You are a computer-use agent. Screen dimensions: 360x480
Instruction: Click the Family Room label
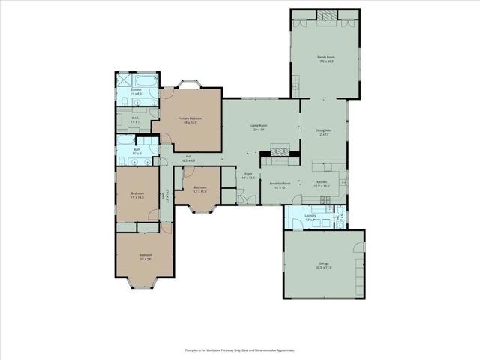[x=325, y=59]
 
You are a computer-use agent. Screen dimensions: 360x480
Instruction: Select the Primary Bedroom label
[x=190, y=120]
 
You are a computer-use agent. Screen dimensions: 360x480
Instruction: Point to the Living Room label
[x=259, y=127]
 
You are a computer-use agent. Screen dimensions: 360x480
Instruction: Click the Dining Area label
[x=323, y=133]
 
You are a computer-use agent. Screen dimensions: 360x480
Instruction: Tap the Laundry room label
[x=310, y=217]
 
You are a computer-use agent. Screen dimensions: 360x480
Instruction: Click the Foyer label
[x=248, y=176]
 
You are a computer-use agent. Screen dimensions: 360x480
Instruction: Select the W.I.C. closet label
[x=136, y=119]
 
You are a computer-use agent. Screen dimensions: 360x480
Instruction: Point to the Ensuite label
[x=136, y=91]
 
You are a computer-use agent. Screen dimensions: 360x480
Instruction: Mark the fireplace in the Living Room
[x=279, y=151]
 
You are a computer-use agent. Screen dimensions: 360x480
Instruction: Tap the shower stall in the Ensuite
[x=123, y=79]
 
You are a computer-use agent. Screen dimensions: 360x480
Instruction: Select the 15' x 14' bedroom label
[x=145, y=256]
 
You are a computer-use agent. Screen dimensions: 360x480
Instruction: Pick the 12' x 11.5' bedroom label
[x=200, y=189]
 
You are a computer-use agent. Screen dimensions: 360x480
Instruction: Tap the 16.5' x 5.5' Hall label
[x=188, y=158]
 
